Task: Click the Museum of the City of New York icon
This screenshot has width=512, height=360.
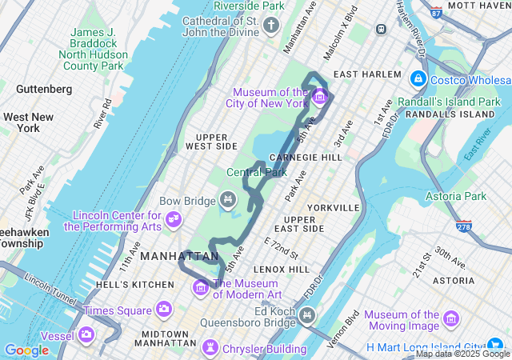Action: [x=320, y=98]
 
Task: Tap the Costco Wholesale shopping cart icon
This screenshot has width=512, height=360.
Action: [x=418, y=79]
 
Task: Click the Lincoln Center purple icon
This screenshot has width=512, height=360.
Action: [x=174, y=218]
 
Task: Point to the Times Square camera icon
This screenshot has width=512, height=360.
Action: [x=163, y=309]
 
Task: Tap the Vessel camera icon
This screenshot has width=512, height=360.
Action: [x=86, y=334]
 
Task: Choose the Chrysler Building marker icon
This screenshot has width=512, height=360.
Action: [x=210, y=347]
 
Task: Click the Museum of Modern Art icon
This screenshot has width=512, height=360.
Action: [x=200, y=286]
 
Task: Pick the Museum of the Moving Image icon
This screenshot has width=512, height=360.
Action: [x=451, y=319]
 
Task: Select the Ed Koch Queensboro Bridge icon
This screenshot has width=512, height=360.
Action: [x=306, y=318]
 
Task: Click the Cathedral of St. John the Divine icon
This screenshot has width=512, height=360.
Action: [x=271, y=26]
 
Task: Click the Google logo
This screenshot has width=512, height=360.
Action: [x=26, y=350]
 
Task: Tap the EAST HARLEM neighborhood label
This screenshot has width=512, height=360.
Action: [x=367, y=74]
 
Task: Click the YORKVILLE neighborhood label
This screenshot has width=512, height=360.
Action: [x=333, y=207]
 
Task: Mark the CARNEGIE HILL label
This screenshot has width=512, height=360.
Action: [x=306, y=157]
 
